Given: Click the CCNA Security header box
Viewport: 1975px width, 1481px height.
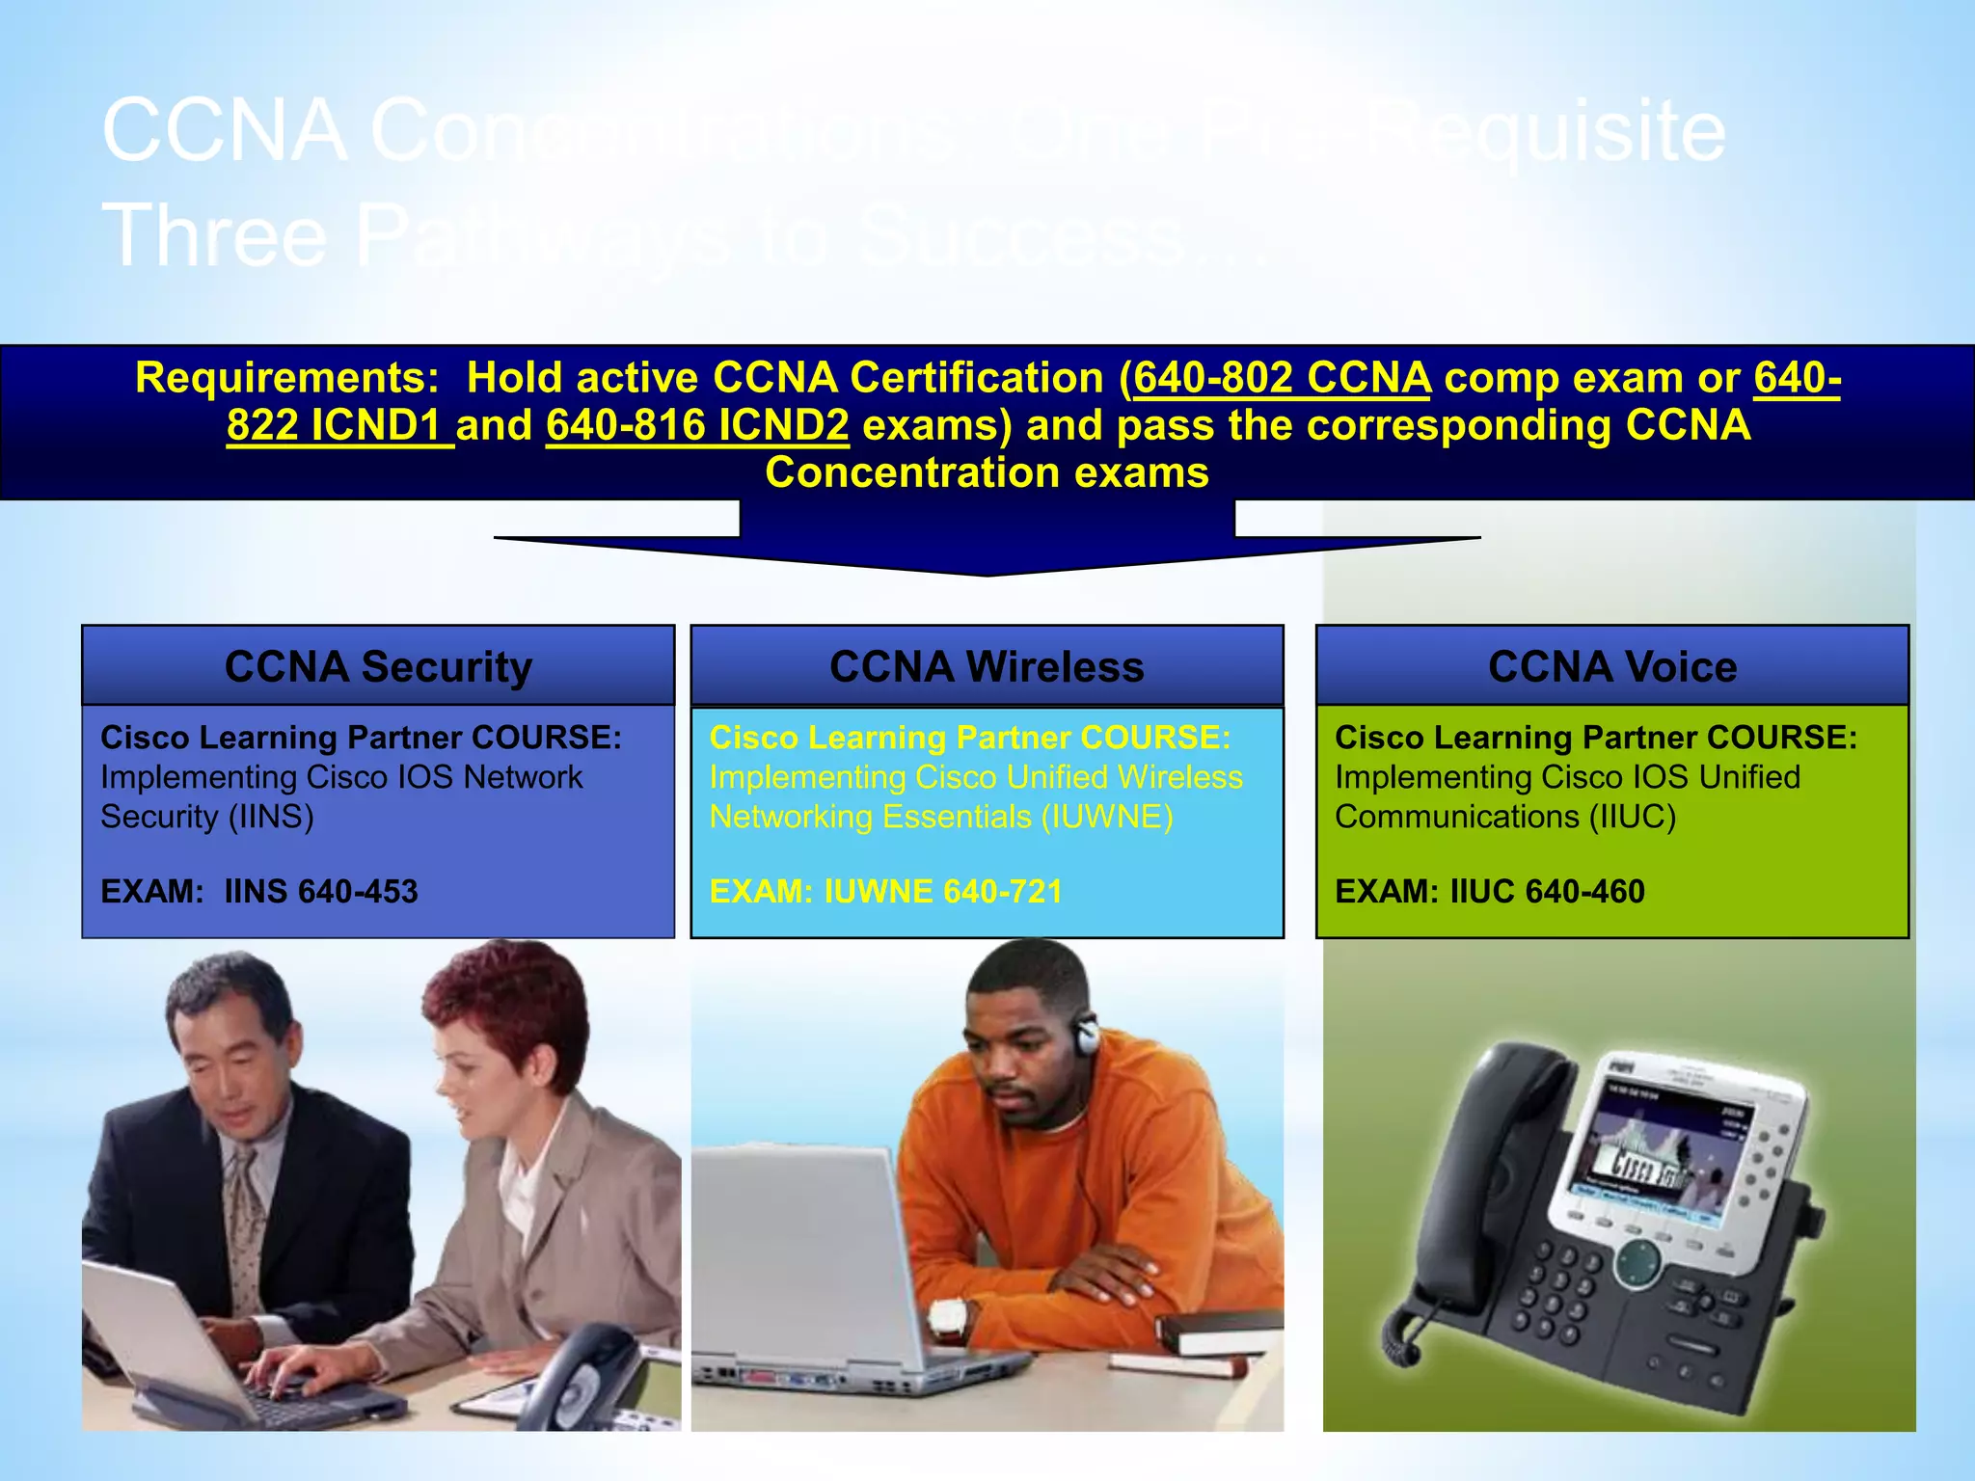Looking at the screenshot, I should coord(378,666).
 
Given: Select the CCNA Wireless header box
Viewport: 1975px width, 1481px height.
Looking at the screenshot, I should coord(987,666).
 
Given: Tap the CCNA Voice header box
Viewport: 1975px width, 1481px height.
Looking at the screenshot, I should coord(1612,666).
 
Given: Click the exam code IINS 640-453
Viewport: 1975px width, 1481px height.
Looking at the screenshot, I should coord(321,892).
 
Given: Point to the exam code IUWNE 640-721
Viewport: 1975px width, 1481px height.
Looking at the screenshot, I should coord(943,892).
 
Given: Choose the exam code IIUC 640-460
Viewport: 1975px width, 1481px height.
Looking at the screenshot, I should coord(1547,892).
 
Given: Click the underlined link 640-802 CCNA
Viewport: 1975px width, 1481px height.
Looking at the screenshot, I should coord(1282,378).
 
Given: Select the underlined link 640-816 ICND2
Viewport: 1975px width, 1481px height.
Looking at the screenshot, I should coord(697,425).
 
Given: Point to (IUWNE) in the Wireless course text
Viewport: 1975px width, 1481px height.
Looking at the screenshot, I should coord(1107,817).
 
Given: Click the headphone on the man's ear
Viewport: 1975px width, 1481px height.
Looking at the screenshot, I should coord(1087,1035).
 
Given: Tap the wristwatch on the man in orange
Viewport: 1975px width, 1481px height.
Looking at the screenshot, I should coord(949,1318).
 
